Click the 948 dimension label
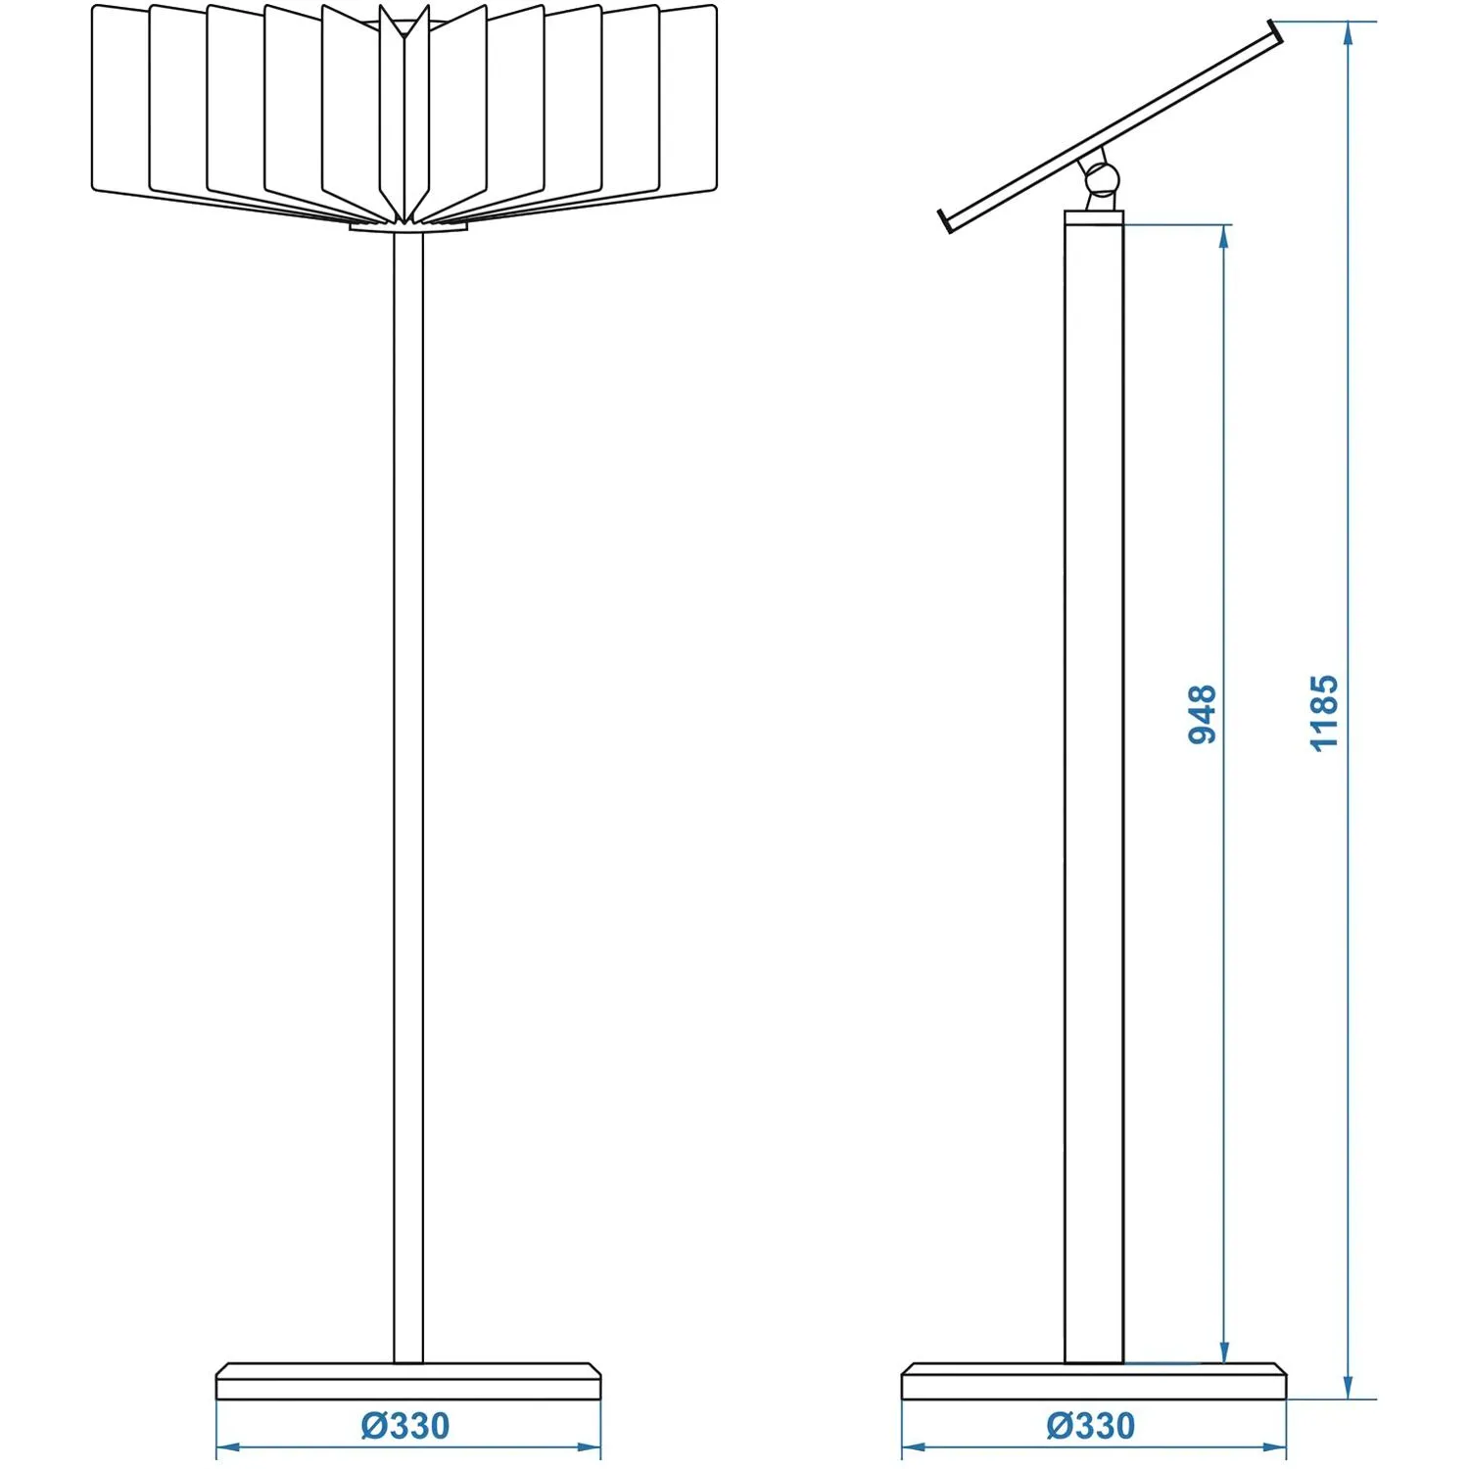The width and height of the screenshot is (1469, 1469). pos(1202,714)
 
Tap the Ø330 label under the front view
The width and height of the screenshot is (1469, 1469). pos(405,1426)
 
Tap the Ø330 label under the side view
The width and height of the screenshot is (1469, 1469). pos(1091,1426)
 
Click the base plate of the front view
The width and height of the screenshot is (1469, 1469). pos(407,1381)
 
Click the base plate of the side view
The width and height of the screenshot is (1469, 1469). pos(1093,1381)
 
